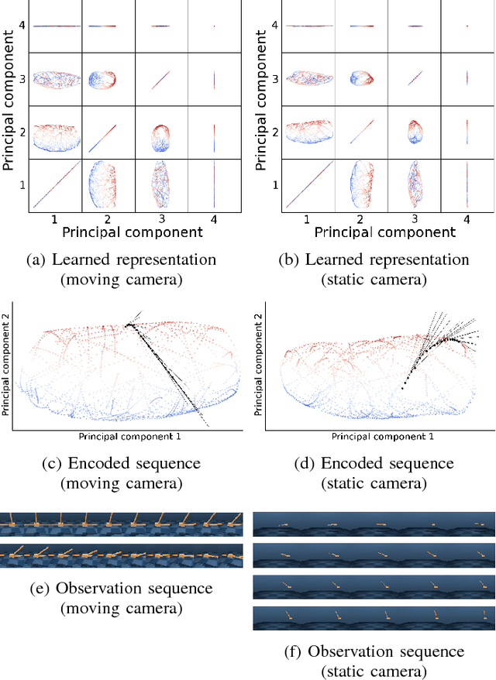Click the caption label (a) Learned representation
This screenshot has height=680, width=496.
[121, 259]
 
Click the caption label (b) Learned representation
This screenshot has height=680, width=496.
[374, 259]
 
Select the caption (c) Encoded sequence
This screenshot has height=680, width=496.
[121, 463]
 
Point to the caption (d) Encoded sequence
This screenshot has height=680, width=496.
[374, 463]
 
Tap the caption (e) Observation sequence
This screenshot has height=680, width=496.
[121, 589]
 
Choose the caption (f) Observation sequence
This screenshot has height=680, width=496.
[374, 651]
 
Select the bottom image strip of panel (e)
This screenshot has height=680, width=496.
[121, 555]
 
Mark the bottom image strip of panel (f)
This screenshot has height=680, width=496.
[374, 617]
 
